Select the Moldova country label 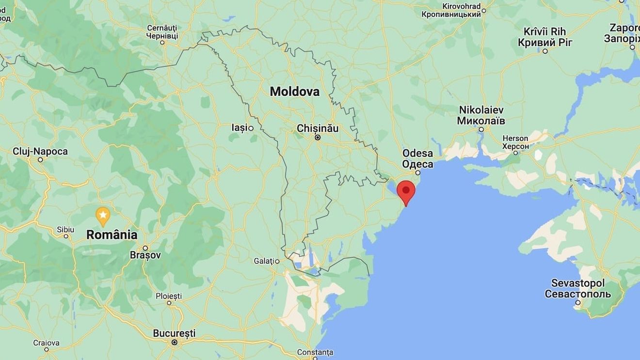coord(295,91)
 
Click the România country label coord(112,235)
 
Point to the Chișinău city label coord(318,128)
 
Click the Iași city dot coord(251,128)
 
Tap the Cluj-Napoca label coord(40,152)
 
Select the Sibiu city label coord(65,229)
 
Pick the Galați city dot coord(277,261)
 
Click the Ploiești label coord(169,296)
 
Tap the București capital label coord(174,333)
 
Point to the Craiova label coord(47,343)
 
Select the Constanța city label coord(315,352)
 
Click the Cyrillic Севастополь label coord(577,294)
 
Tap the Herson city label coord(515,139)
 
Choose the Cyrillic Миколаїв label coord(481,121)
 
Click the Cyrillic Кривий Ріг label coord(545,43)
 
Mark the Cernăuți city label coord(162,28)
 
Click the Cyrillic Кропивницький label coord(451,15)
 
